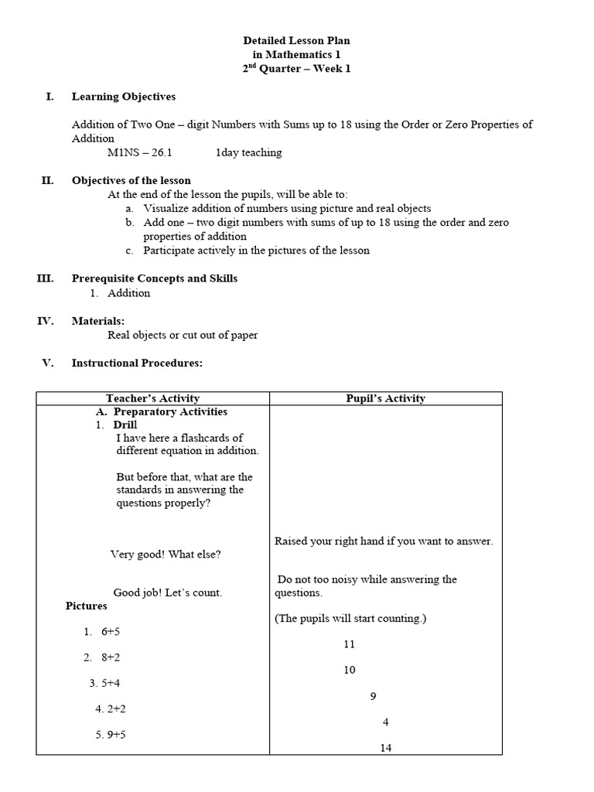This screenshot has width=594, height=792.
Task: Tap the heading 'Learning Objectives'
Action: pos(124,97)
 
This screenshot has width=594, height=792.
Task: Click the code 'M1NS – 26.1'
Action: pos(140,152)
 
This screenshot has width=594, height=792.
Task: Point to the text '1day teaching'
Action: pos(248,152)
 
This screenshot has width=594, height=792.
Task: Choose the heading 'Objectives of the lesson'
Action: pos(131,180)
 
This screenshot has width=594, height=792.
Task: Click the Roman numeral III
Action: pos(45,278)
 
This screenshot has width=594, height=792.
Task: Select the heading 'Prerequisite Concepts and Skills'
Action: pos(155,278)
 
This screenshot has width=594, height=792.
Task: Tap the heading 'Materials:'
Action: pos(98,320)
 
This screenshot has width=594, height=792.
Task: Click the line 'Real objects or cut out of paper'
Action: pos(183,335)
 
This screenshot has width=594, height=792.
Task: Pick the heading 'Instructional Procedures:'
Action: pos(137,362)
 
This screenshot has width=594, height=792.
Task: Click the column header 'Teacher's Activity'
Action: pos(153,398)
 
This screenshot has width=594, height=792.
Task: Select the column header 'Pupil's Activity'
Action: pos(385,398)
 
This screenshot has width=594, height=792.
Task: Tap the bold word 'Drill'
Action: pos(125,425)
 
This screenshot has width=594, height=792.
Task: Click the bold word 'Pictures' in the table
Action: pos(87,606)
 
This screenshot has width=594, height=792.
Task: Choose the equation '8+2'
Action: pos(111,657)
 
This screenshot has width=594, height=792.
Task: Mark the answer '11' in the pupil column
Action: pos(350,644)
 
